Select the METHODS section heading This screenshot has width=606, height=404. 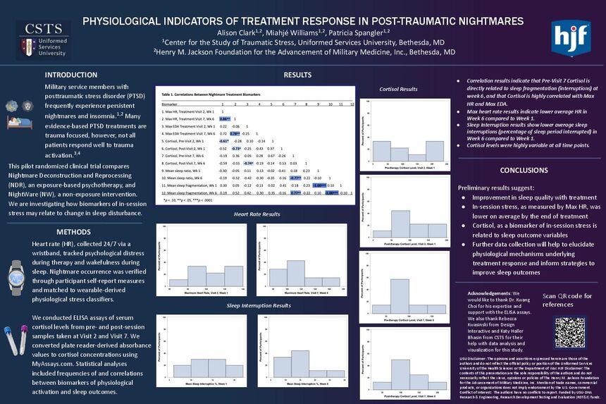point(73,231)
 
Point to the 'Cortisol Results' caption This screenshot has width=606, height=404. point(398,90)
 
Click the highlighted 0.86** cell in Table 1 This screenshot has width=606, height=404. point(224,118)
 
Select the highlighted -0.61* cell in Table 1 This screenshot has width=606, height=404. point(224,141)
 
